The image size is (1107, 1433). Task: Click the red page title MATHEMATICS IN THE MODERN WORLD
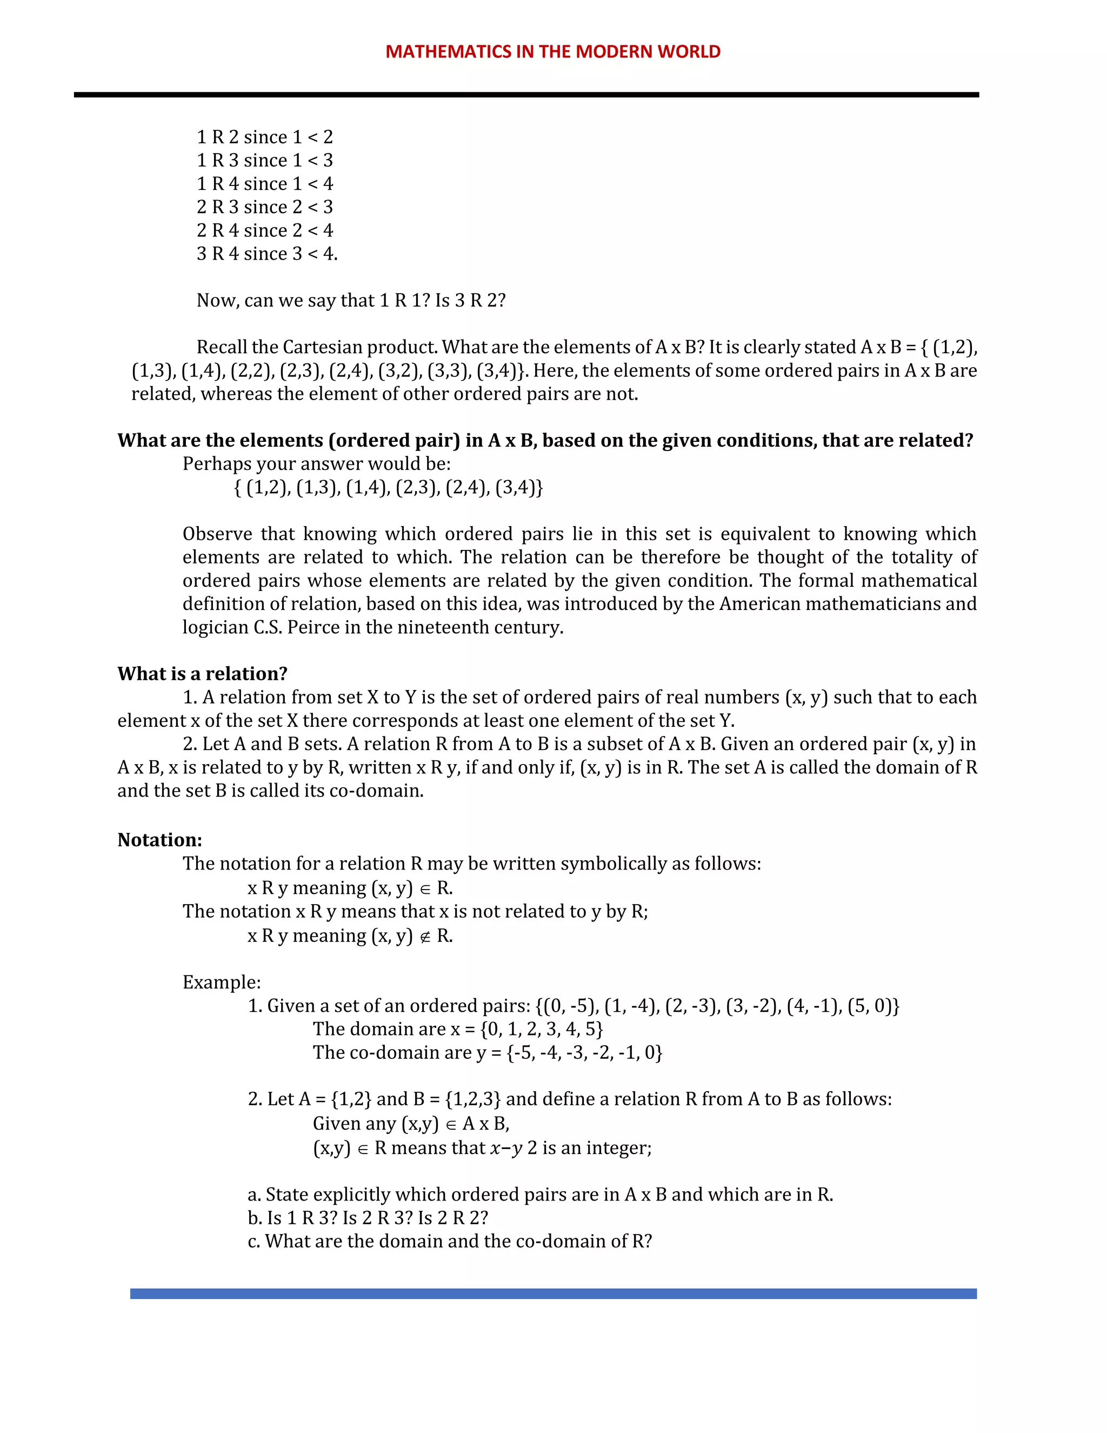(x=552, y=51)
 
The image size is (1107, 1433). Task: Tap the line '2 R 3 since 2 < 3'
(x=265, y=207)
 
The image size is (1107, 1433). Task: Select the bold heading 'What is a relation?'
(x=202, y=674)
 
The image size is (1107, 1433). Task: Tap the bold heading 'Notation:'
(x=159, y=840)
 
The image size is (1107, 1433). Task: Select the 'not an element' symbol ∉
(x=425, y=936)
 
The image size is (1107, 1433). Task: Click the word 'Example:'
(x=221, y=982)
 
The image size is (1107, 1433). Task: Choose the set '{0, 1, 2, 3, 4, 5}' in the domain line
(x=541, y=1029)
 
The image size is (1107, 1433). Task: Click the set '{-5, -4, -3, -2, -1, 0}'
(x=584, y=1052)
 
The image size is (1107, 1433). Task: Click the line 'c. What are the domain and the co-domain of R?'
(x=450, y=1242)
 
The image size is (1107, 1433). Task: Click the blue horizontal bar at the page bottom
(x=553, y=1293)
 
